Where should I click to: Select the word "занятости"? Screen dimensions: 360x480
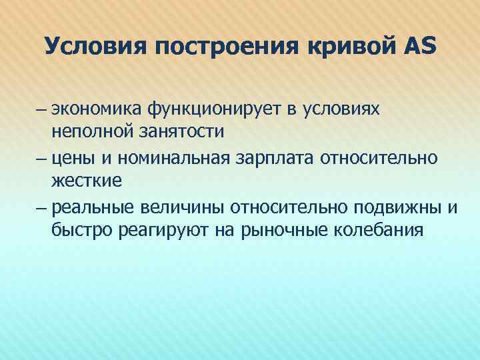point(177,131)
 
